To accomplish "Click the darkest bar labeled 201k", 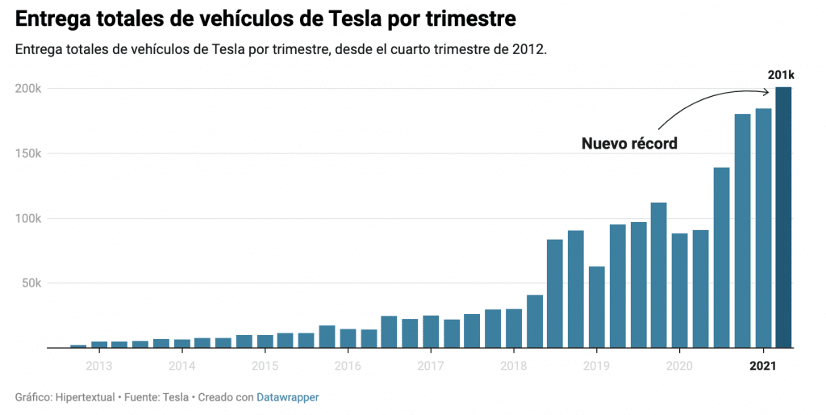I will [x=783, y=218].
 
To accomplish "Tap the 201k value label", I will [x=781, y=75].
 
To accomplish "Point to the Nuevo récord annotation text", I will [x=629, y=144].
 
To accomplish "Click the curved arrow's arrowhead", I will [x=767, y=90].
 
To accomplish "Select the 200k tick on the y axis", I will [x=29, y=88].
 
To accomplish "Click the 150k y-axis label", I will [x=29, y=153].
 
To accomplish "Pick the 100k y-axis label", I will [x=29, y=218].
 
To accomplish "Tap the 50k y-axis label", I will [x=31, y=283].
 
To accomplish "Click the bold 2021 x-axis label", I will [x=762, y=366].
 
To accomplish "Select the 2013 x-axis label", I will [x=99, y=366].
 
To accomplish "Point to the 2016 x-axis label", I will [x=348, y=366].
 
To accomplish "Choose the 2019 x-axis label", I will [x=596, y=366].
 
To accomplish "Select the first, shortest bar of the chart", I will [x=78, y=346].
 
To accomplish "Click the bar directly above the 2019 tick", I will [x=597, y=307].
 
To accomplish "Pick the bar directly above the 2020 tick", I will [x=679, y=291].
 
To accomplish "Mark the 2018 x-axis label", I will [x=514, y=366].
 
